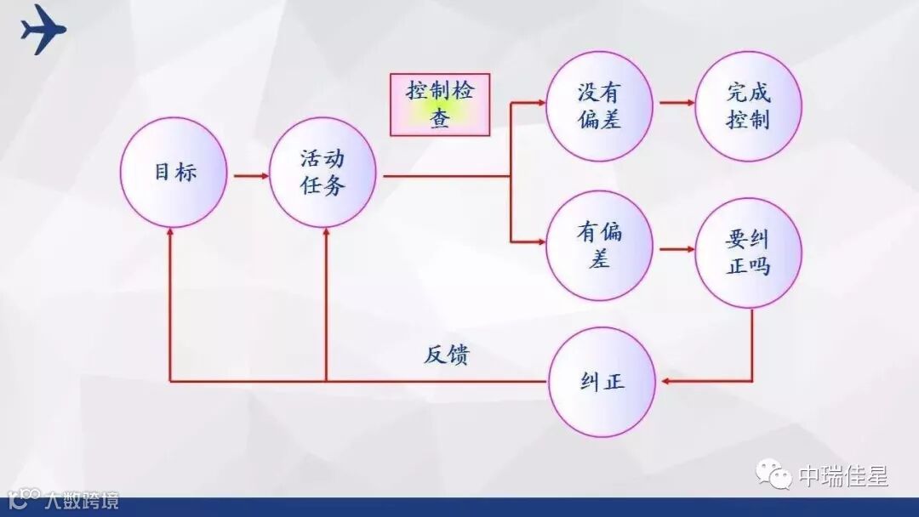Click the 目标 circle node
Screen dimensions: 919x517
click(x=174, y=173)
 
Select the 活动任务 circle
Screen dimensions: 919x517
click(x=323, y=173)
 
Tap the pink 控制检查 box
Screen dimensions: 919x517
click(x=440, y=105)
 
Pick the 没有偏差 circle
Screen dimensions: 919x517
click(x=600, y=106)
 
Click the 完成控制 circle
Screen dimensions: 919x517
click(x=749, y=106)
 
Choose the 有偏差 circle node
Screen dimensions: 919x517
click(x=600, y=246)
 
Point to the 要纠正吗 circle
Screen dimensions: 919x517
click(x=749, y=253)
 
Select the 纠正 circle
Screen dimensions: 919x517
click(x=602, y=383)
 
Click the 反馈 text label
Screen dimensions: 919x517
click(x=446, y=355)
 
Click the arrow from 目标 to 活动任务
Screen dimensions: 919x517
click(x=251, y=176)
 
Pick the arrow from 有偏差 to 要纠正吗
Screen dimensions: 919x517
click(x=677, y=249)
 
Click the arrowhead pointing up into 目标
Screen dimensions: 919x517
click(x=171, y=234)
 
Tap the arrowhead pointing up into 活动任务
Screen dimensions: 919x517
click(x=326, y=234)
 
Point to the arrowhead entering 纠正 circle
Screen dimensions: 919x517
click(x=667, y=381)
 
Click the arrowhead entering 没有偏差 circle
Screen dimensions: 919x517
click(x=539, y=103)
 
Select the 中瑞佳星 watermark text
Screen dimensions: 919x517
click(x=842, y=476)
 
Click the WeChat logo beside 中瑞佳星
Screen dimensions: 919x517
click(x=775, y=475)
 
